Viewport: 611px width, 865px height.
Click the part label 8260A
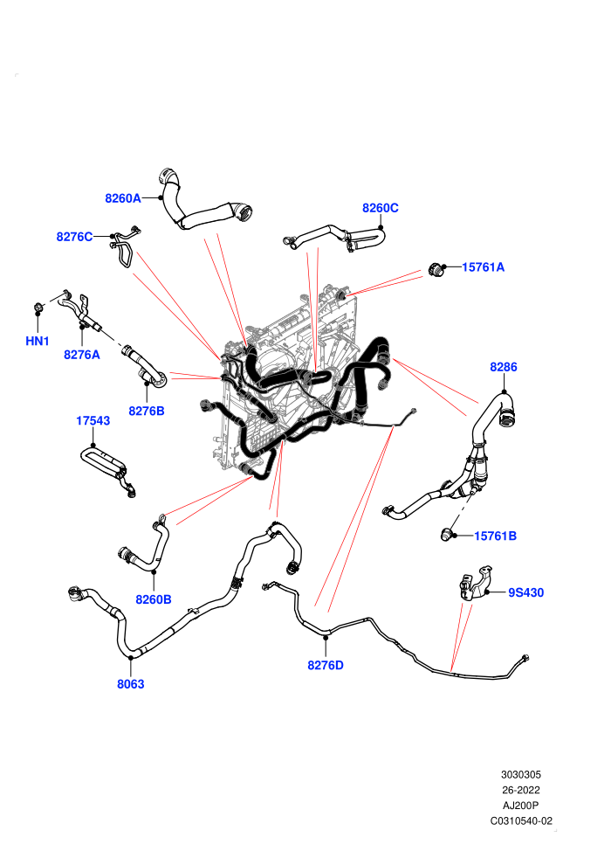click(123, 198)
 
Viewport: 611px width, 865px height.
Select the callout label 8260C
click(381, 208)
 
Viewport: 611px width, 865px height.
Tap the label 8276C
click(74, 237)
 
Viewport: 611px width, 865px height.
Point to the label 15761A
click(484, 267)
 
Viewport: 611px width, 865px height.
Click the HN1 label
click(38, 342)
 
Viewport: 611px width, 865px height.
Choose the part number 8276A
click(81, 355)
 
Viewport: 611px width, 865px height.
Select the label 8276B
click(147, 411)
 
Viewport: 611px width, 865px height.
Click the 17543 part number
click(93, 421)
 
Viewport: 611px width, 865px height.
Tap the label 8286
click(504, 367)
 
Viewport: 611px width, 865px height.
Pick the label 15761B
click(495, 536)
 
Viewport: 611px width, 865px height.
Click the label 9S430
click(525, 592)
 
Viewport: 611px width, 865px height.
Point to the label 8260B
click(153, 599)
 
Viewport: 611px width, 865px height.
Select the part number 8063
click(131, 684)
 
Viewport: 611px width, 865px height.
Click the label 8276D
click(326, 665)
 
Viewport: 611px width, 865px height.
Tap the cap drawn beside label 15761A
click(436, 270)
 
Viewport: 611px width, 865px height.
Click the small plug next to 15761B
click(446, 534)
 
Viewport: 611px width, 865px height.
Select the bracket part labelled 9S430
click(474, 583)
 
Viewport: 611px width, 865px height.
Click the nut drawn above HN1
click(38, 306)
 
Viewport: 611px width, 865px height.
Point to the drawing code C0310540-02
click(521, 820)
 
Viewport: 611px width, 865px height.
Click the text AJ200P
click(520, 806)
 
